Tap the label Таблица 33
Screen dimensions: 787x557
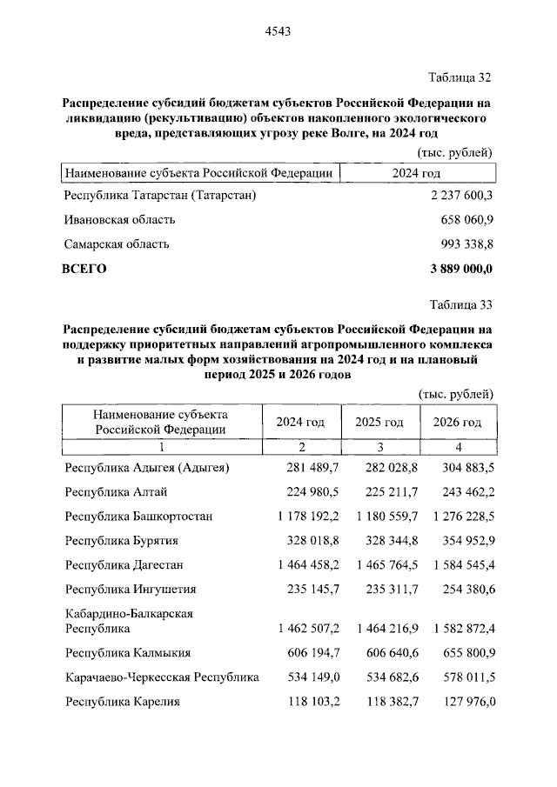[x=462, y=305]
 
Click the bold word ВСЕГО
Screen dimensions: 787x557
[x=84, y=269]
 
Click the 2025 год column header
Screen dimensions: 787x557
[x=379, y=423]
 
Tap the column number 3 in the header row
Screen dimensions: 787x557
[x=379, y=447]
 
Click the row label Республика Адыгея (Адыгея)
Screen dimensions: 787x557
[x=147, y=469]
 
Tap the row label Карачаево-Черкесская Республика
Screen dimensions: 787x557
[x=162, y=677]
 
